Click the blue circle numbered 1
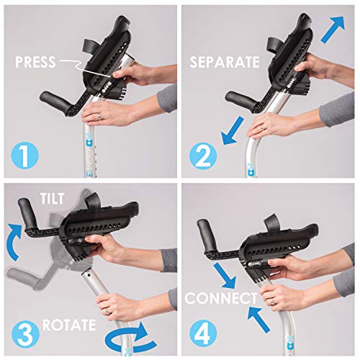24,154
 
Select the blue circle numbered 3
24,335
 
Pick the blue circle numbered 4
203,335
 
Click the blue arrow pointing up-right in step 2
334,31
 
